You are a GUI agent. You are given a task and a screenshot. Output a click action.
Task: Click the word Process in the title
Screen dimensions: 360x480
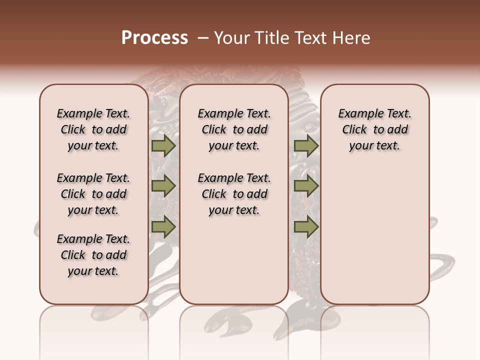[154, 38]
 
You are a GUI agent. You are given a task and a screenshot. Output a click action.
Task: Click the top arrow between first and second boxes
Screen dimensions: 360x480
[163, 145]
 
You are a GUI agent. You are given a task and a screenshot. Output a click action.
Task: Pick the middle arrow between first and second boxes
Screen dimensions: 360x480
[163, 186]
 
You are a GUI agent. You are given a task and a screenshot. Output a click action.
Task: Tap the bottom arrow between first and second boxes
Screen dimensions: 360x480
[163, 227]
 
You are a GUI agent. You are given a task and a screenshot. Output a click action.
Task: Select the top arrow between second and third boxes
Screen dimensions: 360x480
[306, 145]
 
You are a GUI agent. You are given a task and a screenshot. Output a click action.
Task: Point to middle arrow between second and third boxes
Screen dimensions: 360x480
[306, 186]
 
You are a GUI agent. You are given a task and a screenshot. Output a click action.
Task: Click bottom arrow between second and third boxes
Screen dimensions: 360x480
[306, 227]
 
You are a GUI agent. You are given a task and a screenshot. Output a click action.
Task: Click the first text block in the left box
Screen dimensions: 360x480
[93, 129]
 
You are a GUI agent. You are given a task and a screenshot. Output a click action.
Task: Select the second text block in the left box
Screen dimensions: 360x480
[93, 194]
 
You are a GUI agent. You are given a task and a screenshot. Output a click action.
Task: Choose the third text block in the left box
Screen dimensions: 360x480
[93, 255]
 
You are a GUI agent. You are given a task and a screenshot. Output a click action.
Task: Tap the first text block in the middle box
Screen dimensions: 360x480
[234, 129]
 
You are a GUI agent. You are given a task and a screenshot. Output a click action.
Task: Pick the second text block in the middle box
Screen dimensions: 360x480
[234, 194]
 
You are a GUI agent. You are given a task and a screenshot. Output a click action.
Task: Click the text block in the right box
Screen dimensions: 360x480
[374, 129]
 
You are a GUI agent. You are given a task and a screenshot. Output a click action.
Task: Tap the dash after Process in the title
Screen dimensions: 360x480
[202, 38]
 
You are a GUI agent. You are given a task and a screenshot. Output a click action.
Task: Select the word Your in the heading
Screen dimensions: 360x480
[230, 38]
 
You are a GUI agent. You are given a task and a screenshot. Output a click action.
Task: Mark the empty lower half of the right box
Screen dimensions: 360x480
[374, 235]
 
